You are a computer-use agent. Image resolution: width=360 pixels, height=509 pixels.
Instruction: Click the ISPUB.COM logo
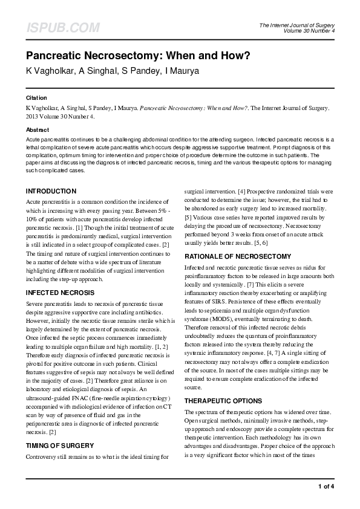(x=63, y=28)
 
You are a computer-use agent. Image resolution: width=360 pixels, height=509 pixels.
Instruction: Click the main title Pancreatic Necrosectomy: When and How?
(x=137, y=56)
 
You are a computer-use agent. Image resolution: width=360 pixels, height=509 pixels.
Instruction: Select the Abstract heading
(x=37, y=130)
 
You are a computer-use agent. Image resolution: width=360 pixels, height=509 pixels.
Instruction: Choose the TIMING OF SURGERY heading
(x=59, y=446)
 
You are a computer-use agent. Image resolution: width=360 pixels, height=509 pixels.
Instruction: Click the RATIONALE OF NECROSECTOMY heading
(x=238, y=256)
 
